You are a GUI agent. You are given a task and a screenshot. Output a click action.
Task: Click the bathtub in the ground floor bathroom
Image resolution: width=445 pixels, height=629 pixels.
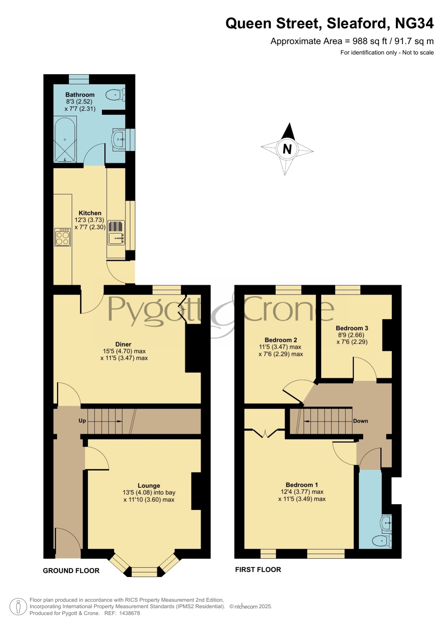[65, 139]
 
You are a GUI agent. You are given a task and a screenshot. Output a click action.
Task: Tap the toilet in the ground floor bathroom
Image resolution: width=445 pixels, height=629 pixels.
[115, 95]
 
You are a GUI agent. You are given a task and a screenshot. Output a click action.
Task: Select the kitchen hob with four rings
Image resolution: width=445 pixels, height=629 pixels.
[62, 237]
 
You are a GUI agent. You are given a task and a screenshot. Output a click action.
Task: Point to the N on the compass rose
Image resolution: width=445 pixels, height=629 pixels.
[287, 149]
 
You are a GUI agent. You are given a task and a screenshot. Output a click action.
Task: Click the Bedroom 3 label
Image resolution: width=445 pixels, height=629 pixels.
[352, 328]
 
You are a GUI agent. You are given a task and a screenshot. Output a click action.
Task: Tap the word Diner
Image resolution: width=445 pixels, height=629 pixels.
[123, 344]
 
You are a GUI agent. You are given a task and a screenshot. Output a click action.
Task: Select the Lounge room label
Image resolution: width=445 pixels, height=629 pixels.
[149, 486]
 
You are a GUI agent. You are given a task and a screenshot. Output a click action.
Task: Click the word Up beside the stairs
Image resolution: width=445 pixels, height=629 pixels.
[82, 421]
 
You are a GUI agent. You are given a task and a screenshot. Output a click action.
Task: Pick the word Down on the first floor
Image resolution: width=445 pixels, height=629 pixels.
[361, 421]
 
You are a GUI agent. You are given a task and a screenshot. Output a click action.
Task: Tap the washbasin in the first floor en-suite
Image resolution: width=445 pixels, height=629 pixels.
[386, 523]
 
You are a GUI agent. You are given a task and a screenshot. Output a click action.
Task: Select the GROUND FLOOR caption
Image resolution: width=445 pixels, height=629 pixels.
[71, 571]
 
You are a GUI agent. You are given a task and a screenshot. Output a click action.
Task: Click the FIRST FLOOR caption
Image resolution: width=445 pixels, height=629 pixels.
[258, 570]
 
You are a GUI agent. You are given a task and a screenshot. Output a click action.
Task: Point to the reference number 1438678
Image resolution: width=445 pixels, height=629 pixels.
[129, 613]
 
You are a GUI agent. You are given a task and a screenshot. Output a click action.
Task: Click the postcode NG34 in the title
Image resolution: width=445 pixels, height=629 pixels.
[414, 23]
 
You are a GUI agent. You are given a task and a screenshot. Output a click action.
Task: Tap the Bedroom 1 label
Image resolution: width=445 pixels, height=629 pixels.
[302, 485]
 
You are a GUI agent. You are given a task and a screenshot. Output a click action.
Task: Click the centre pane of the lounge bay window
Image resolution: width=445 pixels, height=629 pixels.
[145, 572]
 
